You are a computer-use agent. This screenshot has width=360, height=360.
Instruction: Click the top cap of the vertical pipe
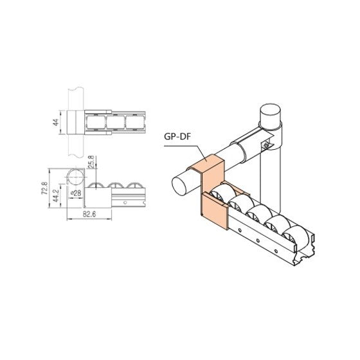point(273,116)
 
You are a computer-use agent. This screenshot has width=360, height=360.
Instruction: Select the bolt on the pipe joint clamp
point(265,147)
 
